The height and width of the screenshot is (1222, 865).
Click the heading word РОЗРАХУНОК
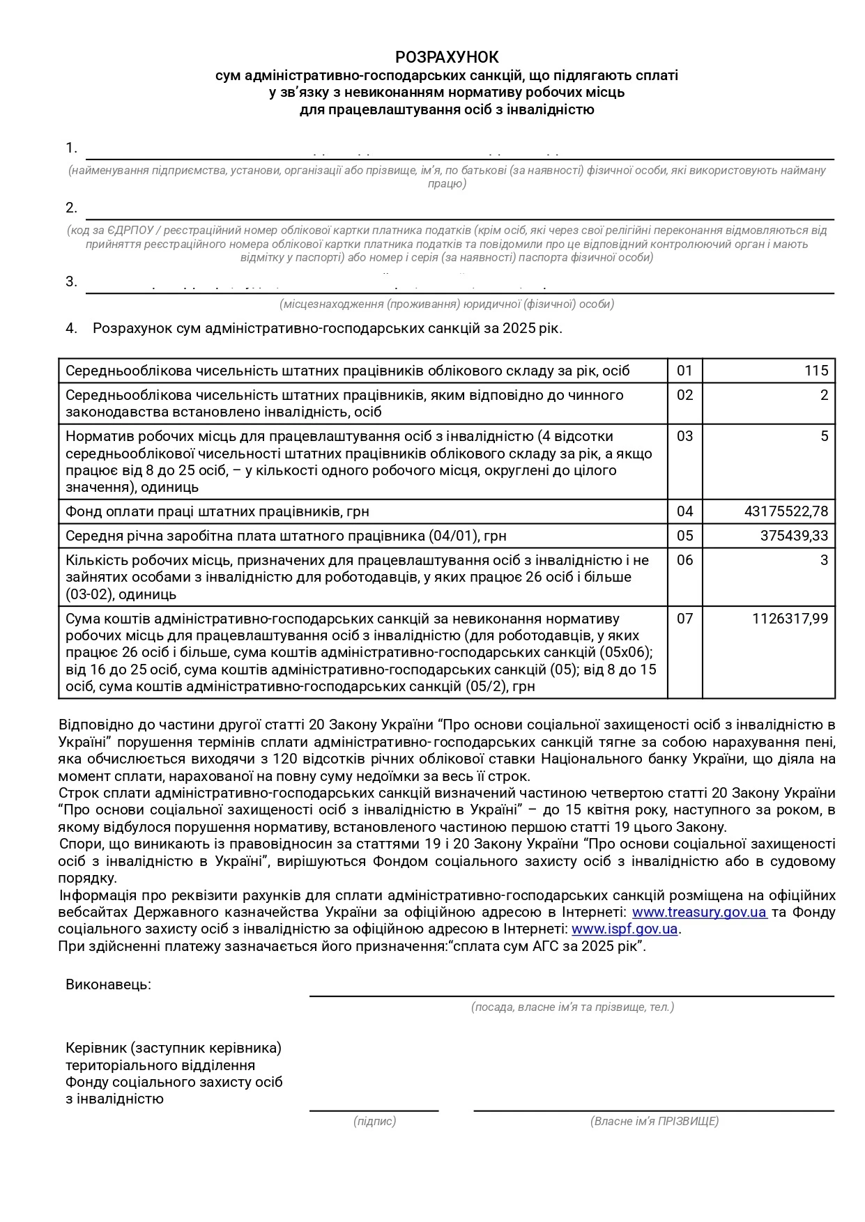(x=447, y=57)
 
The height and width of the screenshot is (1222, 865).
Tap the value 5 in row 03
(x=824, y=436)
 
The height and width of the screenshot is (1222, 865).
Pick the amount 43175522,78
(x=786, y=511)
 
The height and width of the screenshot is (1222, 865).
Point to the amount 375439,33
(x=794, y=536)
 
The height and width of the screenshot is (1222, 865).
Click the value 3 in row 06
(x=824, y=560)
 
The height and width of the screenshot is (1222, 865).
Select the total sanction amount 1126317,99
(x=790, y=619)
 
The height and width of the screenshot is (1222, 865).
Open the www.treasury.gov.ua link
(x=699, y=912)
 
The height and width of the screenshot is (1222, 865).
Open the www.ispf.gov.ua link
(x=625, y=929)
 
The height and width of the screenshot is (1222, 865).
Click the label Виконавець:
(x=108, y=984)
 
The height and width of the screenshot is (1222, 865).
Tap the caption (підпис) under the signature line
(x=374, y=1121)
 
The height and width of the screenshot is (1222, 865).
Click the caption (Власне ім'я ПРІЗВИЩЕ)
(x=654, y=1121)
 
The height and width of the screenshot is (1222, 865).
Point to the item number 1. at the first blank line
(x=71, y=148)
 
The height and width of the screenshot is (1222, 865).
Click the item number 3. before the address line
(x=71, y=281)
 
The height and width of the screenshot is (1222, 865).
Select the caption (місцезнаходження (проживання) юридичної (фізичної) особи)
(x=447, y=304)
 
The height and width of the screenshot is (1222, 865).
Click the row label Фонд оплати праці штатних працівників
(x=217, y=511)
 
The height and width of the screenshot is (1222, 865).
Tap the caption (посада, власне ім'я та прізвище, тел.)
(x=572, y=1007)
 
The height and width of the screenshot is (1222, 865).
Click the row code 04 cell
(x=684, y=511)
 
